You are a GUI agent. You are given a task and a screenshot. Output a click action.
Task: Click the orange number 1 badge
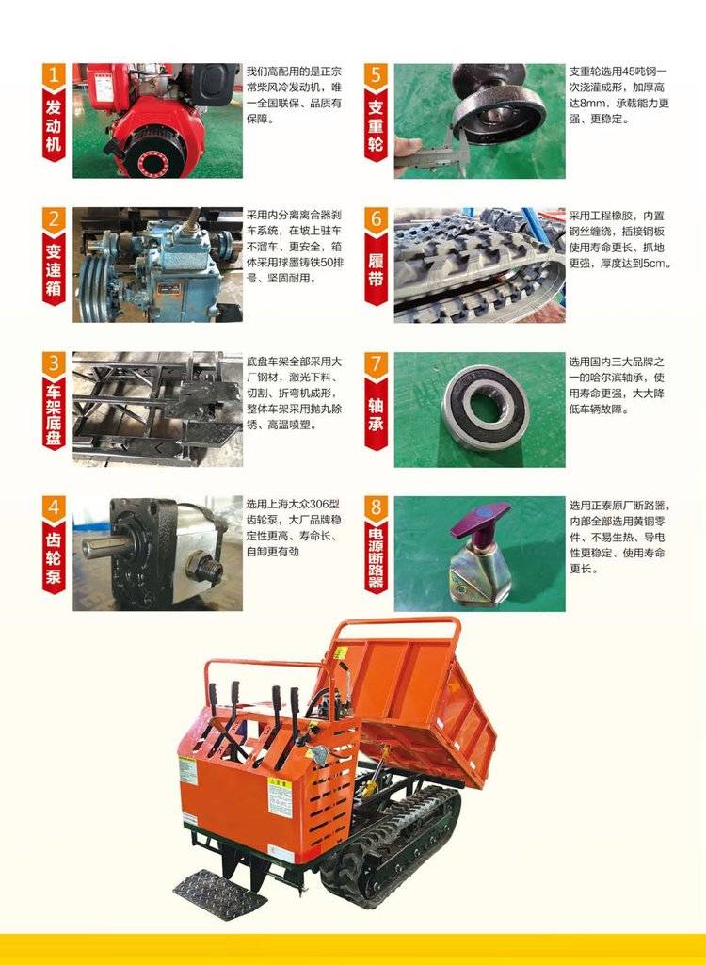pyautogui.click(x=54, y=75)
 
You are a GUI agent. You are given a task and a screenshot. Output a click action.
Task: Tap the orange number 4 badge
pyautogui.click(x=54, y=507)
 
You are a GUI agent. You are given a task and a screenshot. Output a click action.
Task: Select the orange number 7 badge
pyautogui.click(x=376, y=363)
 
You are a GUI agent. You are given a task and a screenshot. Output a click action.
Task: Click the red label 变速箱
pyautogui.click(x=54, y=268)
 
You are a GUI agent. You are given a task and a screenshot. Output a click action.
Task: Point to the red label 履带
pyautogui.click(x=376, y=268)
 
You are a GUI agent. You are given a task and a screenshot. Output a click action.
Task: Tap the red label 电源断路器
pyautogui.click(x=376, y=557)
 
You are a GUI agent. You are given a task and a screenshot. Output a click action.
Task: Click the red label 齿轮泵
pyautogui.click(x=54, y=557)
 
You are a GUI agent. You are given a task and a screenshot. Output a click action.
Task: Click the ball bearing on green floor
pyautogui.click(x=486, y=408)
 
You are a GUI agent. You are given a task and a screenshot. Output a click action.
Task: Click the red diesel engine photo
pyautogui.click(x=157, y=121)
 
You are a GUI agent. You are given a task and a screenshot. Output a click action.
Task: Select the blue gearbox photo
pyautogui.click(x=157, y=265)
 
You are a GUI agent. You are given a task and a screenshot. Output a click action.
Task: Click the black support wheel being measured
pyautogui.click(x=498, y=105)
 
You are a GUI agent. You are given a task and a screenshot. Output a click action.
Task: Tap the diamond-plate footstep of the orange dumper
pyautogui.click(x=219, y=894)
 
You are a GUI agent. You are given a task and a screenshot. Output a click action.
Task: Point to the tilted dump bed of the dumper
pyautogui.click(x=413, y=701)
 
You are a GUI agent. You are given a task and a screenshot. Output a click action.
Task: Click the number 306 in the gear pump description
pyautogui.click(x=317, y=504)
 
